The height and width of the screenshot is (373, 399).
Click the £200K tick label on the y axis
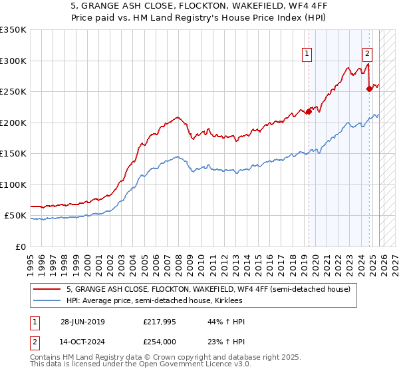click(x=13, y=123)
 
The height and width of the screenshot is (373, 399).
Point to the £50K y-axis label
click(x=15, y=216)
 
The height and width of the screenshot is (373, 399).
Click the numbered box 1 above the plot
click(x=307, y=55)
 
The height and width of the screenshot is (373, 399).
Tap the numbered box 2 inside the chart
click(x=368, y=55)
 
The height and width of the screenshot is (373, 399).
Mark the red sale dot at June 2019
click(x=309, y=111)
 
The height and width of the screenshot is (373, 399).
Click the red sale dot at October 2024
click(x=370, y=89)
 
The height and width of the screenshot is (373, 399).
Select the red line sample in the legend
click(x=48, y=290)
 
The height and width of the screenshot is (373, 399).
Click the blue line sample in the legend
click(x=48, y=301)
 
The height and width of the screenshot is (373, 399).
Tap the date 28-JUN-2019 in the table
click(x=82, y=322)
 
